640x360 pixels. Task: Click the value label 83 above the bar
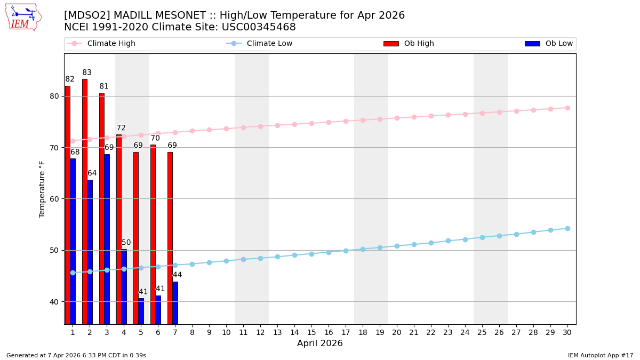point(87,73)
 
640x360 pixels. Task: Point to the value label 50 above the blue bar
point(126,243)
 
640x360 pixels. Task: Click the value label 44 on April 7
point(178,275)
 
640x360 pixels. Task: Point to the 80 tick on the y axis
point(54,96)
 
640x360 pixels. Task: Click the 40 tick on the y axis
point(54,301)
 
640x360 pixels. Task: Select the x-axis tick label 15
point(311,332)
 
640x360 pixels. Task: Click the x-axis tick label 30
point(567,332)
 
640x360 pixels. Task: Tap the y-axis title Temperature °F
point(42,189)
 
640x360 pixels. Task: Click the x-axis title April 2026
point(320,343)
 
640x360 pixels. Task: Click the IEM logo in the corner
point(23,17)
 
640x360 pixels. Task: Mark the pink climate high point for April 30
point(567,108)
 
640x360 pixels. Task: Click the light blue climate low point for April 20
point(397,246)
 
